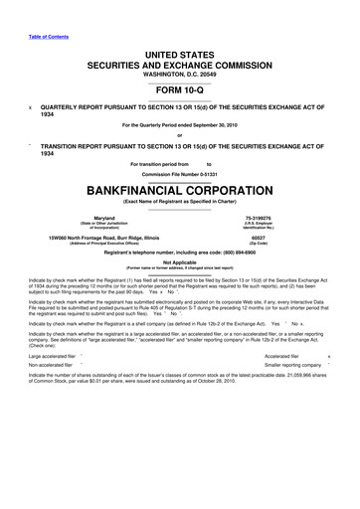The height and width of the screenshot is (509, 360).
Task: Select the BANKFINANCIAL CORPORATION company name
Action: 180,188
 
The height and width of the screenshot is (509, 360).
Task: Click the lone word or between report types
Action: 180,135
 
